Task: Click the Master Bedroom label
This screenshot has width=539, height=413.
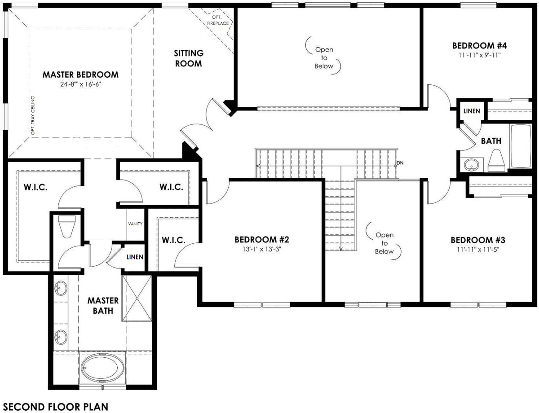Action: point(80,75)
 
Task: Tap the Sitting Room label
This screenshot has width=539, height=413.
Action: point(189,58)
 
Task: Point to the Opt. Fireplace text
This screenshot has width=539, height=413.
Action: point(218,20)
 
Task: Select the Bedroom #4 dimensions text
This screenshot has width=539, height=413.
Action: point(479,55)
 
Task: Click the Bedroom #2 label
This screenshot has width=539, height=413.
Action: point(262,239)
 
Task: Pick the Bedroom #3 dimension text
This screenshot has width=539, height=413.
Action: point(478,250)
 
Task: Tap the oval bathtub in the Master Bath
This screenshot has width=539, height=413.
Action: point(103,368)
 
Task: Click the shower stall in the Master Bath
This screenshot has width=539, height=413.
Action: point(137,299)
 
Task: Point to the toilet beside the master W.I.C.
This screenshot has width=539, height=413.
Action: point(66,227)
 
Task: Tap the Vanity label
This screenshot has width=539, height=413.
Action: point(135,224)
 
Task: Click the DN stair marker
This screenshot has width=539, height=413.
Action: point(400,163)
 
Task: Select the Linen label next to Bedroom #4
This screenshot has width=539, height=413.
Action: point(472,111)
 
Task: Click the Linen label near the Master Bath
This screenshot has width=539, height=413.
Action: point(135,257)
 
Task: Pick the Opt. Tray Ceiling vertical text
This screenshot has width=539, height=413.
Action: point(33,115)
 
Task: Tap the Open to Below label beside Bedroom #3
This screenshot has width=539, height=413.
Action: point(384,243)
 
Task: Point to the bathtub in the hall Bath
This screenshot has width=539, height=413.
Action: point(520,146)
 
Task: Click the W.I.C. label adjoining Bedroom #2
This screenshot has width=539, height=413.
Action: point(173,240)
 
